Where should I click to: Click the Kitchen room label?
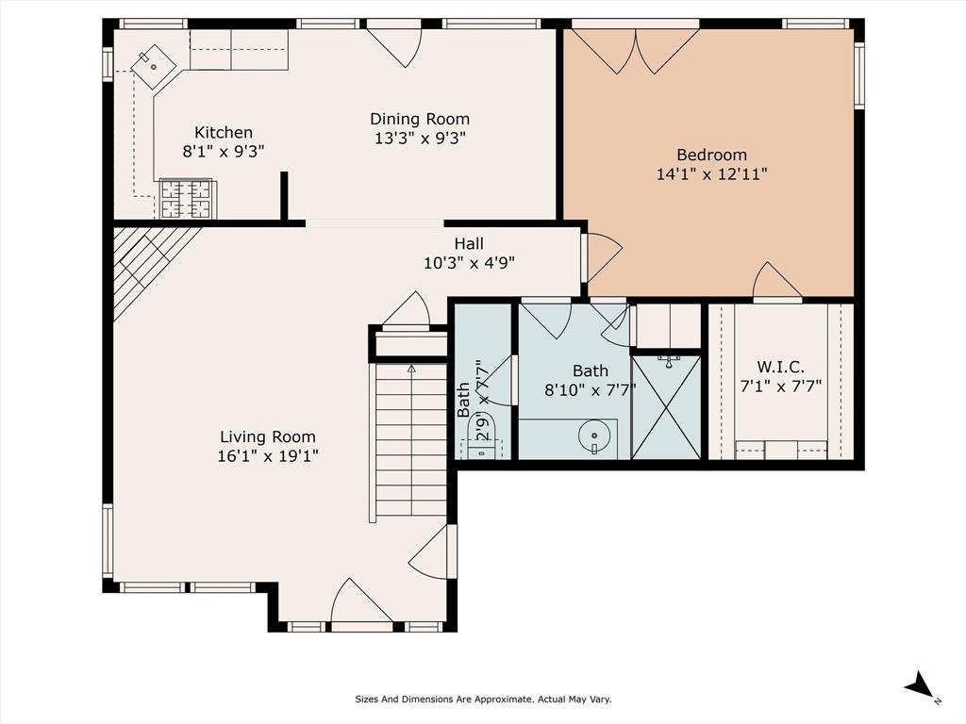pyautogui.click(x=224, y=132)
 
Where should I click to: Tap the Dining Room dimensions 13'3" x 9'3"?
pyautogui.click(x=420, y=138)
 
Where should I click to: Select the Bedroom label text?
pyautogui.click(x=711, y=155)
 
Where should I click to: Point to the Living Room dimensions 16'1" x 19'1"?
pyautogui.click(x=267, y=456)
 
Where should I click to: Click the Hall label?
pyautogui.click(x=469, y=244)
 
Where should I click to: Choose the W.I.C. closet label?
pyautogui.click(x=780, y=368)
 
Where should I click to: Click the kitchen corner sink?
pyautogui.click(x=153, y=67)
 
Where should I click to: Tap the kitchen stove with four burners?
pyautogui.click(x=187, y=199)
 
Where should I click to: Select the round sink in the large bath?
pyautogui.click(x=594, y=436)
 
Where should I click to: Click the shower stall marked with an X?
pyautogui.click(x=667, y=406)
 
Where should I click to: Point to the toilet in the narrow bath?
pyautogui.click(x=482, y=436)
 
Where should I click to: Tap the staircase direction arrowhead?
pyautogui.click(x=411, y=369)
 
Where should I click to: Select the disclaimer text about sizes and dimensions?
pyautogui.click(x=483, y=699)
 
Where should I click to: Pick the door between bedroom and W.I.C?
pyautogui.click(x=777, y=282)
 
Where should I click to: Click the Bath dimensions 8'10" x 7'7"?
pyautogui.click(x=591, y=389)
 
